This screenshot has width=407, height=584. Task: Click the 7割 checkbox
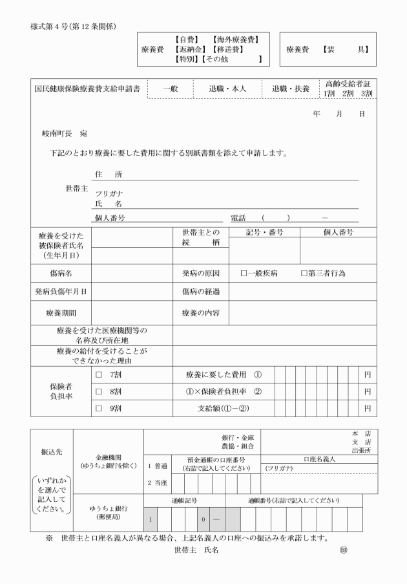pos(99,374)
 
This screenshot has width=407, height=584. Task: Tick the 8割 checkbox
pos(99,391)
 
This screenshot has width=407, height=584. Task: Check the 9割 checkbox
pos(99,408)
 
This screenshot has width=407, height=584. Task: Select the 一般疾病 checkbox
pos(244,274)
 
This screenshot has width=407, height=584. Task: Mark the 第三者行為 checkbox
pos(304,274)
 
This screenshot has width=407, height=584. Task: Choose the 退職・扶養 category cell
pos(290,89)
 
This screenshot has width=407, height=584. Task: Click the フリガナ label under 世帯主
pos(109,193)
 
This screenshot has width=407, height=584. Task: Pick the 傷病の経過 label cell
pos(201,292)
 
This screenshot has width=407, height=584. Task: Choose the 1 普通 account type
pos(158,466)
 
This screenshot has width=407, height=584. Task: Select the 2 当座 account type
pos(158,482)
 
